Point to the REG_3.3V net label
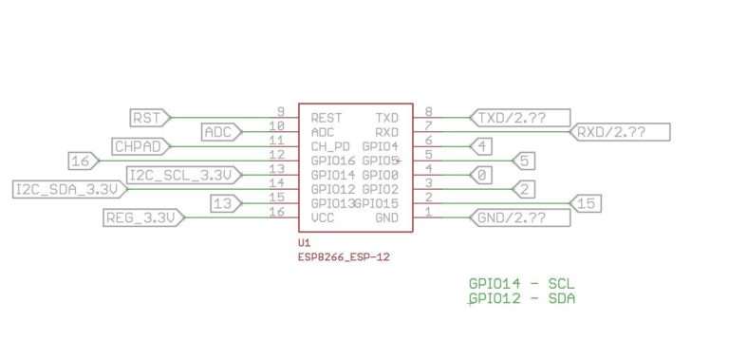click(x=141, y=218)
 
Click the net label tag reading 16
click(x=83, y=161)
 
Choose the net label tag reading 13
click(x=224, y=203)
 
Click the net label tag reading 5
click(x=524, y=161)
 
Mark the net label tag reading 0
click(x=483, y=175)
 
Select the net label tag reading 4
click(x=483, y=146)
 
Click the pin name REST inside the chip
click(x=326, y=118)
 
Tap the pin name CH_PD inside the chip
click(x=329, y=146)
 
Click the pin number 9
click(x=281, y=112)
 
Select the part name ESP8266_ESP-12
click(x=344, y=256)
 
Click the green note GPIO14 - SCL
click(x=522, y=284)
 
